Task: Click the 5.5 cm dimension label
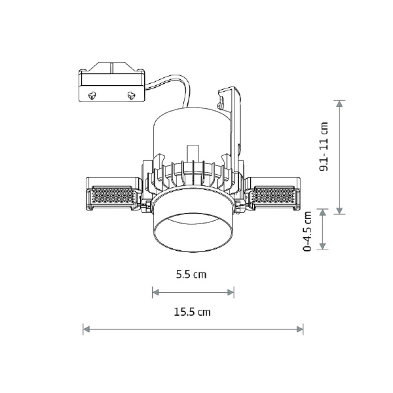pos(191,274)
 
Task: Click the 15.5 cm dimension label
pos(192,312)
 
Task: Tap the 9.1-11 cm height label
pos(324,147)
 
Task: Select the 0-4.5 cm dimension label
pos(307,231)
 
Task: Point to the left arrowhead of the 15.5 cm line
pos(86,329)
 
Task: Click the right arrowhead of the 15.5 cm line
pos(300,329)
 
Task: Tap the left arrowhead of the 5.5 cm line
pos(156,292)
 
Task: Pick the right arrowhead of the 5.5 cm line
pos(231,292)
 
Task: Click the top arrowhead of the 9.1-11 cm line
pos(339,103)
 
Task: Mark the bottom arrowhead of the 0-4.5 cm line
pos(323,246)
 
